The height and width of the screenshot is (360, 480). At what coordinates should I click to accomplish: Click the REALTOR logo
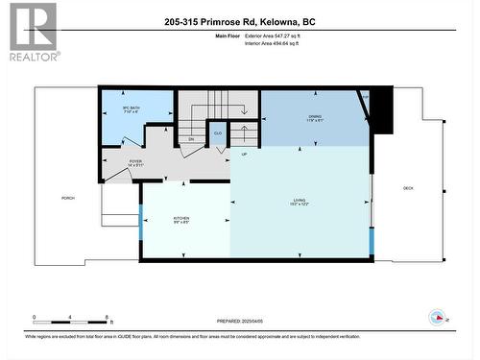pos(32,32)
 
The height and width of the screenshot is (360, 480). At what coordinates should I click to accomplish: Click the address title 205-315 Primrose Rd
pos(239,21)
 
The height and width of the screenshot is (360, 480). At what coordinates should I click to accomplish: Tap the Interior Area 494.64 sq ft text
pos(278,43)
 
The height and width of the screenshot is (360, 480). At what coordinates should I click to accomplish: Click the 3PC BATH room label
pos(132,108)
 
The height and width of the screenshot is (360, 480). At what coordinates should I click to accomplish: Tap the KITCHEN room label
pos(181,219)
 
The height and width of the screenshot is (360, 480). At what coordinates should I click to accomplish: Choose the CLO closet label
pos(218,133)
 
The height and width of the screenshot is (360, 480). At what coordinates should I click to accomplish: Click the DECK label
pos(408,188)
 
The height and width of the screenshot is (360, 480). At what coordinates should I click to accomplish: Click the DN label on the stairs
pos(191,139)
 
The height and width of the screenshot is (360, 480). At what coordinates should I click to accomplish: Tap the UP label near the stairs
pos(243,156)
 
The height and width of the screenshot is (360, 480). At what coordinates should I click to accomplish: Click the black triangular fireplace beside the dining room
pos(381,110)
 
